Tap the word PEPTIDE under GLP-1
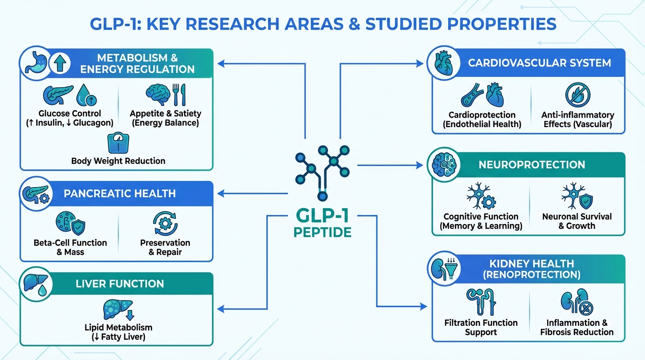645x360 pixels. click(322, 232)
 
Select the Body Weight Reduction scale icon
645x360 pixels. click(118, 143)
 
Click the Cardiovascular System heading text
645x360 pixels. click(539, 62)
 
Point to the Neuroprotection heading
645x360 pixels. click(532, 165)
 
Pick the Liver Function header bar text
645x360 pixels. click(120, 284)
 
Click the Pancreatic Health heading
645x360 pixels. click(120, 194)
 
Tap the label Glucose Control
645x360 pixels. click(70, 113)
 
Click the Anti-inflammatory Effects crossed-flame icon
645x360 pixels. click(577, 95)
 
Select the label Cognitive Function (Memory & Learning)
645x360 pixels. click(481, 221)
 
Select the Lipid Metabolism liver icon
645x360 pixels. click(118, 309)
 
